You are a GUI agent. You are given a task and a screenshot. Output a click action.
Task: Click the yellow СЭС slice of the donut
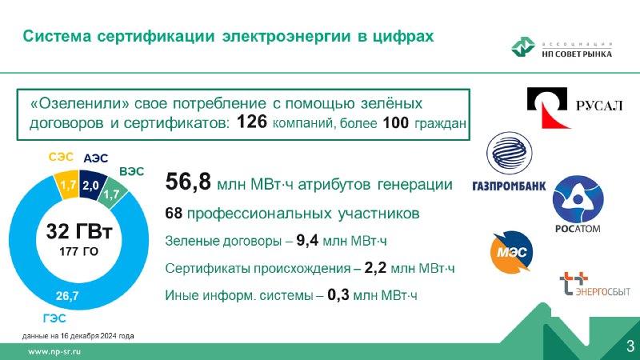pyautogui.click(x=67, y=186)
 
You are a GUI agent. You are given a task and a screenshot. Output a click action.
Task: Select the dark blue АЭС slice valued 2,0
pyautogui.click(x=91, y=186)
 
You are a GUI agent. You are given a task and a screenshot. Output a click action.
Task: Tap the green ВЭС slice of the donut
pyautogui.click(x=112, y=193)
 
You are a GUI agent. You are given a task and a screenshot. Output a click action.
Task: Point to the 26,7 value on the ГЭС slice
pyautogui.click(x=67, y=295)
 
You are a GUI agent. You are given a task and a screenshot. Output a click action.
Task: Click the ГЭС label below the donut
pyautogui.click(x=54, y=318)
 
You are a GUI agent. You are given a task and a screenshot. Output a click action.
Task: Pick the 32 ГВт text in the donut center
pyautogui.click(x=78, y=231)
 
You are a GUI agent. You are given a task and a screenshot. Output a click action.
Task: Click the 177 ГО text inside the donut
pyautogui.click(x=78, y=251)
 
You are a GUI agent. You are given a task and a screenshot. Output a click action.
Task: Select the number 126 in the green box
pyautogui.click(x=252, y=122)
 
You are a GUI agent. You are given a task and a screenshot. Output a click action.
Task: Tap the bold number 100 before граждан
pyautogui.click(x=395, y=123)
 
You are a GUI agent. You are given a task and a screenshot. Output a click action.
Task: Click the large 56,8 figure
pyautogui.click(x=188, y=182)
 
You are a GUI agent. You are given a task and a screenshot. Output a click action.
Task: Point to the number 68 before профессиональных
pyautogui.click(x=174, y=213)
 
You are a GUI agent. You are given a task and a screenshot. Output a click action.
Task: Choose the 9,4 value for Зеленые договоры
pyautogui.click(x=307, y=241)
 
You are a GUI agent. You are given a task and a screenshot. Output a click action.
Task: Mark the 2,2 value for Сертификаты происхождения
pyautogui.click(x=375, y=268)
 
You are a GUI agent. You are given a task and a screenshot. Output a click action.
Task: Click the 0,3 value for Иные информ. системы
pyautogui.click(x=338, y=294)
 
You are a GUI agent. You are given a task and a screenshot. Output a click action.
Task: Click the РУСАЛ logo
pyautogui.click(x=574, y=107)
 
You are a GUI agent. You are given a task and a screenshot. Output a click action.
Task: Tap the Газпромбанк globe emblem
pyautogui.click(x=510, y=154)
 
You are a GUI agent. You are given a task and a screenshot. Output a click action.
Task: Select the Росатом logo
pyautogui.click(x=578, y=205)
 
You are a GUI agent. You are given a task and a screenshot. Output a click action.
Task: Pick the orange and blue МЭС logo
pyautogui.click(x=511, y=252)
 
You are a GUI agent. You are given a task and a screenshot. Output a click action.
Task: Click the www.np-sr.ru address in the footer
pyautogui.click(x=54, y=351)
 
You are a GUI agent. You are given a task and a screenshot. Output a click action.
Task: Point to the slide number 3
pyautogui.click(x=630, y=346)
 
